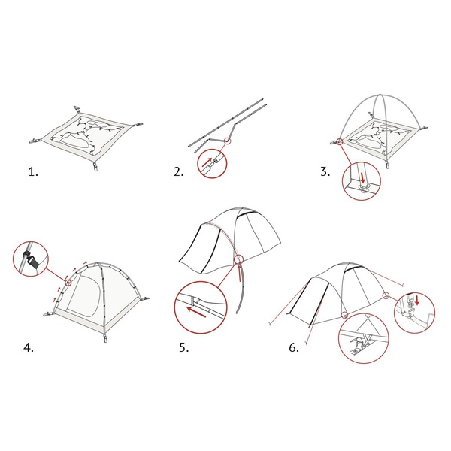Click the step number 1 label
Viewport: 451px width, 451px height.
(33, 172)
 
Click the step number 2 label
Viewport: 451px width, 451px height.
(178, 172)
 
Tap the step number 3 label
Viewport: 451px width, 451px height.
(325, 171)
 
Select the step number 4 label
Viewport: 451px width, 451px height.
(29, 348)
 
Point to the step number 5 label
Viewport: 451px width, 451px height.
(184, 348)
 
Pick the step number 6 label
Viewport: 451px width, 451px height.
(294, 348)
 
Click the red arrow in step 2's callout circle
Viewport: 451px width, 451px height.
(207, 162)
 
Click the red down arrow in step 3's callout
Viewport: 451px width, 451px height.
(363, 177)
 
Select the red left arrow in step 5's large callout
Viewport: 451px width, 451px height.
(196, 313)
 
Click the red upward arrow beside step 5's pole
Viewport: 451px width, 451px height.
(239, 273)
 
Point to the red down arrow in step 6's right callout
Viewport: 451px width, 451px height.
(417, 299)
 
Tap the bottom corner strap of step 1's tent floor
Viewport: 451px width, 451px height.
(95, 166)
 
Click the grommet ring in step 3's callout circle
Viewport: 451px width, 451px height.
(363, 188)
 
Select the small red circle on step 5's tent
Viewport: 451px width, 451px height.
(238, 259)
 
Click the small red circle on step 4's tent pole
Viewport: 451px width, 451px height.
(68, 283)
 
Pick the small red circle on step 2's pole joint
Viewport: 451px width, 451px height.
(227, 141)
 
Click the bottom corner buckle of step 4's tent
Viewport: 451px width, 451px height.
(105, 338)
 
